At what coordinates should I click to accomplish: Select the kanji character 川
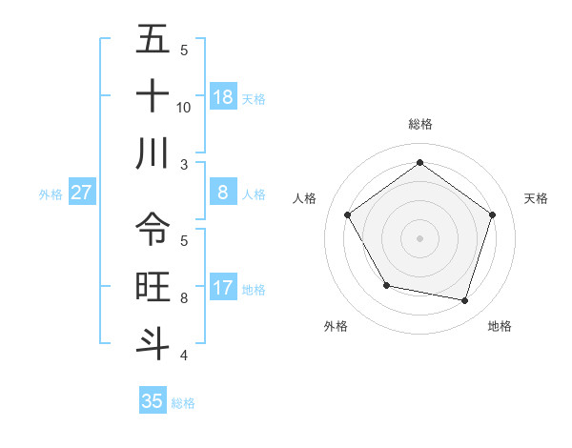point(153,154)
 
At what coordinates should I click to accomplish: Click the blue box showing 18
point(223,97)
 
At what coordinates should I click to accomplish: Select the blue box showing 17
point(223,288)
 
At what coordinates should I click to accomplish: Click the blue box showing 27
point(82,193)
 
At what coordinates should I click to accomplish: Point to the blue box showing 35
point(153,401)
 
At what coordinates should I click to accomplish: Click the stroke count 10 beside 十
point(184,107)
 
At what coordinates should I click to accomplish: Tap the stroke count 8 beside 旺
point(184,297)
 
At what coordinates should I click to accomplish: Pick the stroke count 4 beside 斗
point(184,356)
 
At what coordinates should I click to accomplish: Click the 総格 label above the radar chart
point(419,124)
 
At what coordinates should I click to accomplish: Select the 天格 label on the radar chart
point(536,198)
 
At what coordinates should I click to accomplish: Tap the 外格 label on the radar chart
point(336,326)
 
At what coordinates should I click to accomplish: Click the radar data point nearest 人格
point(348,214)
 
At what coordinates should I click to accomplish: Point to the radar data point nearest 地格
point(464,300)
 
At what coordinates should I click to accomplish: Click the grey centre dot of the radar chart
point(419,237)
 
